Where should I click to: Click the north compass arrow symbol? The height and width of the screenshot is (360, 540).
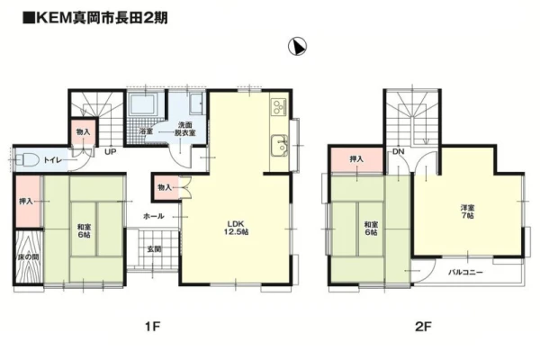pos(297,46)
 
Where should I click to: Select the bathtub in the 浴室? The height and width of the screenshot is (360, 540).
pos(143,103)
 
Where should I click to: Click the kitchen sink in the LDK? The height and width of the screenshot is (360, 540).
pos(279,146)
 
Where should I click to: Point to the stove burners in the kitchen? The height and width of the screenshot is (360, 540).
pos(279,107)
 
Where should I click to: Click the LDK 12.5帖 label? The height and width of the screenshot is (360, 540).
pos(236,228)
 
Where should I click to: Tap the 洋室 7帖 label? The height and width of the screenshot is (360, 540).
pos(467,211)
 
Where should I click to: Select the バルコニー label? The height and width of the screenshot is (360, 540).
pos(465,272)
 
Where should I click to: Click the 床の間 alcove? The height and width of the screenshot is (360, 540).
pos(28,256)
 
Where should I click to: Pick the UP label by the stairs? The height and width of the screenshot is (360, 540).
pos(110,151)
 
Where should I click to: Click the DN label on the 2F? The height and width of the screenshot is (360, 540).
pos(398,151)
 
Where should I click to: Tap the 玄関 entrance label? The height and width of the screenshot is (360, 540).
pos(154,249)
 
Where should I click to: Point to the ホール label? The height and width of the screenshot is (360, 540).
pos(154,216)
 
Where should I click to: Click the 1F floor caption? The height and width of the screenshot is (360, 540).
pos(152,326)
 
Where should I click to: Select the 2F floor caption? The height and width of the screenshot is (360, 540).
pos(423,326)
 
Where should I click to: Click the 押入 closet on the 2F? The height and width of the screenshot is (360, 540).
pos(356,159)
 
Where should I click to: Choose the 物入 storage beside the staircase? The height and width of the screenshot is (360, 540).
pos(83,131)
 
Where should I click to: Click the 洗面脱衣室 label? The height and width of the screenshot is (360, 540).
pos(184,129)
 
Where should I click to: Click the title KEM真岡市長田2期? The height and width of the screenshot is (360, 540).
pos(95,18)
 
